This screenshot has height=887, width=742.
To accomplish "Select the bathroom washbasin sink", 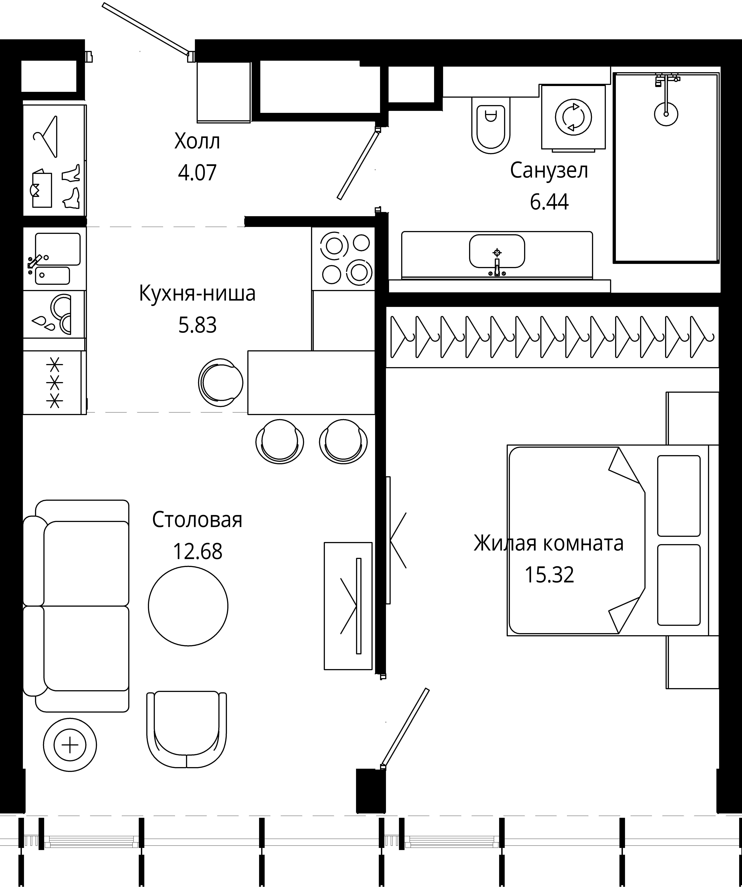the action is click(x=497, y=252).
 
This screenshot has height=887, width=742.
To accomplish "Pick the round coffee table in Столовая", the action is click(x=188, y=606).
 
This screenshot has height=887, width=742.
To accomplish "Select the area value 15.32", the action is click(x=549, y=574).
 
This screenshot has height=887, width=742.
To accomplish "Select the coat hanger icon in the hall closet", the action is click(x=46, y=137).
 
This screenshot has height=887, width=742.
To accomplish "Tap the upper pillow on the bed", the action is click(x=679, y=496).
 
